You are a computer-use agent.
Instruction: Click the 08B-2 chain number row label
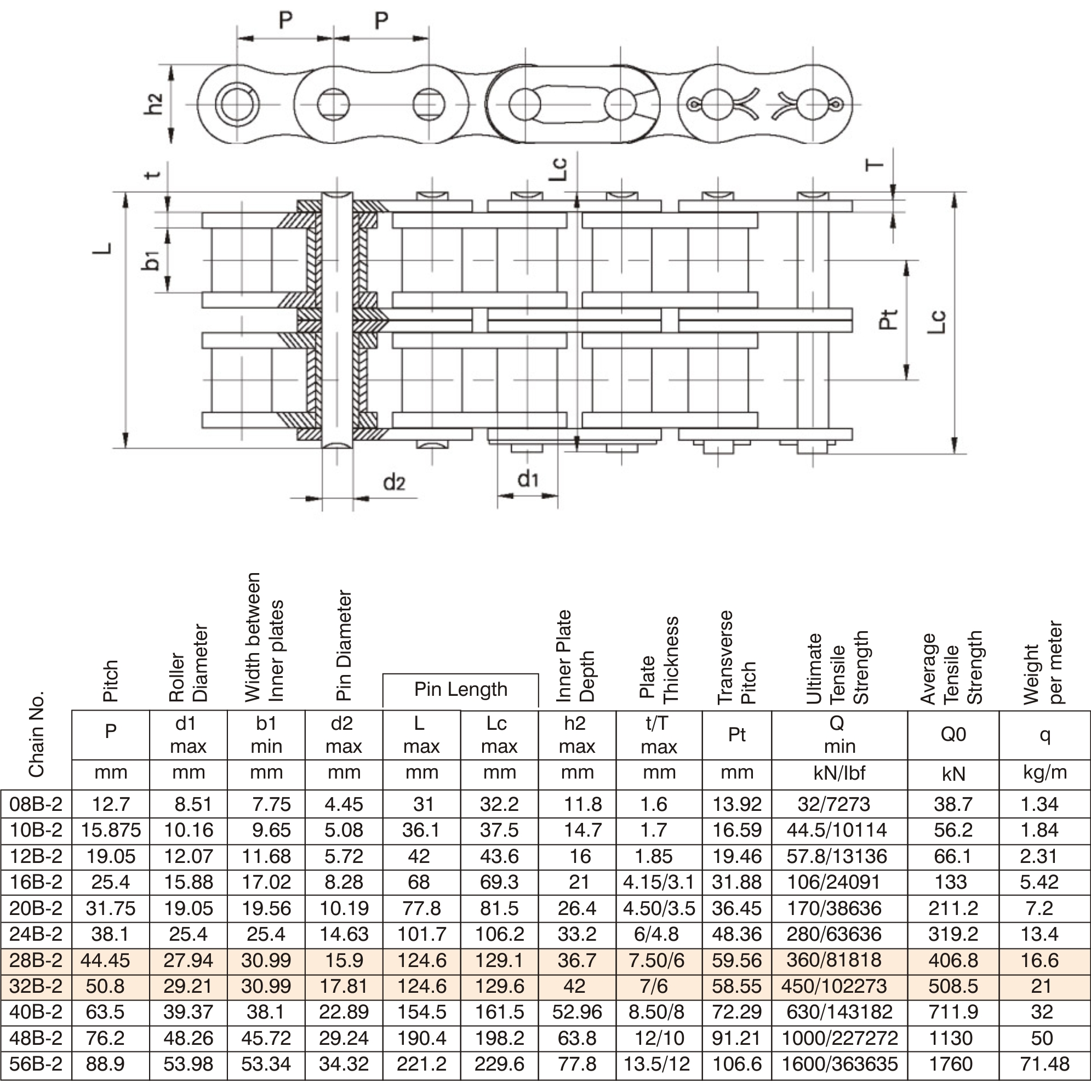[x=36, y=803]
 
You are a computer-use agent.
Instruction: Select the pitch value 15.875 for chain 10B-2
[x=111, y=830]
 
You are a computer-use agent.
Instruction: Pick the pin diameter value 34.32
[x=344, y=1063]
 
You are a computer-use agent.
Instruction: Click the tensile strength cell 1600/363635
[x=839, y=1063]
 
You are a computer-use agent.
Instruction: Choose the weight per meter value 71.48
[x=1044, y=1063]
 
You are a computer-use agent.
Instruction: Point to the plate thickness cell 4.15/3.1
[x=659, y=882]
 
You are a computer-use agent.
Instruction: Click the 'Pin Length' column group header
[x=461, y=689]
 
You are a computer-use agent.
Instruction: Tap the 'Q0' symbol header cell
[x=953, y=734]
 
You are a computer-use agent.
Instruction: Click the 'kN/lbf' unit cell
[x=839, y=772]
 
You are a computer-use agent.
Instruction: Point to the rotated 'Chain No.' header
[x=36, y=734]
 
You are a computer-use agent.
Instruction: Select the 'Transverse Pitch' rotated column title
[x=736, y=657]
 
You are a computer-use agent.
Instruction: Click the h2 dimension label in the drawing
[x=153, y=104]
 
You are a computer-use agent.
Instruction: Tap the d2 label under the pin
[x=394, y=483]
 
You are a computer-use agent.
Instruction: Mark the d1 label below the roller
[x=528, y=479]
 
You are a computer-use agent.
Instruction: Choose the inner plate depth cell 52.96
[x=577, y=1011]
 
